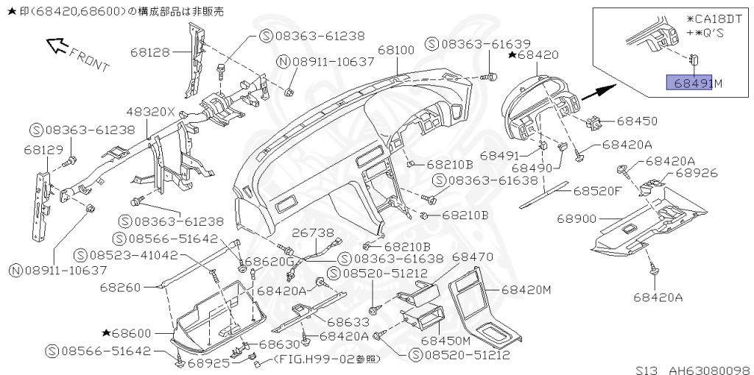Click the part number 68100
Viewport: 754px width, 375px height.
click(x=396, y=50)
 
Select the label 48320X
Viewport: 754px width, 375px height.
click(x=151, y=112)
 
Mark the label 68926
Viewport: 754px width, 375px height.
click(x=696, y=174)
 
